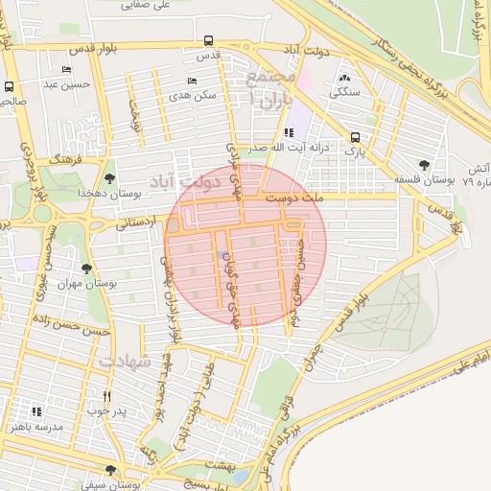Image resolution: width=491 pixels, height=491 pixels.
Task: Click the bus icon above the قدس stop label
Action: [x=208, y=41]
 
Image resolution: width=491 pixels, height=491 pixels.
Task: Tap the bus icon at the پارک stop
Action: [x=356, y=137]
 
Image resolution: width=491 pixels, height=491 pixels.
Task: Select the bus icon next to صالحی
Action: [x=10, y=86]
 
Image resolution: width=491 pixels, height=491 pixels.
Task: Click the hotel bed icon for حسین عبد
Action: [x=65, y=69]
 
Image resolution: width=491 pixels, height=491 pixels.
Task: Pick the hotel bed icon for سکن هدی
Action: [x=192, y=81]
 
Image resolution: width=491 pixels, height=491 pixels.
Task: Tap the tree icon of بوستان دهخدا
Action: [x=110, y=177]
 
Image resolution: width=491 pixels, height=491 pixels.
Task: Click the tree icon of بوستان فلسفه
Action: [x=424, y=165]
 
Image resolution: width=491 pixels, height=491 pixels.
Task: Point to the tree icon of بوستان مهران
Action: [x=87, y=269]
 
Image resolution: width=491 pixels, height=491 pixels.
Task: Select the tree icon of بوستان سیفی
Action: [x=110, y=470]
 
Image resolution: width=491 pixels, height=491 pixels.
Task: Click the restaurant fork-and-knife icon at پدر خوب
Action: [x=107, y=396]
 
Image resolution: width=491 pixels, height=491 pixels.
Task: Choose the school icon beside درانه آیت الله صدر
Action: [x=289, y=133]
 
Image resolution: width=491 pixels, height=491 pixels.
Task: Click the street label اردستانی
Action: [x=135, y=223]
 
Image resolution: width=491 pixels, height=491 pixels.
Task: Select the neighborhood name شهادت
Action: [x=125, y=362]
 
